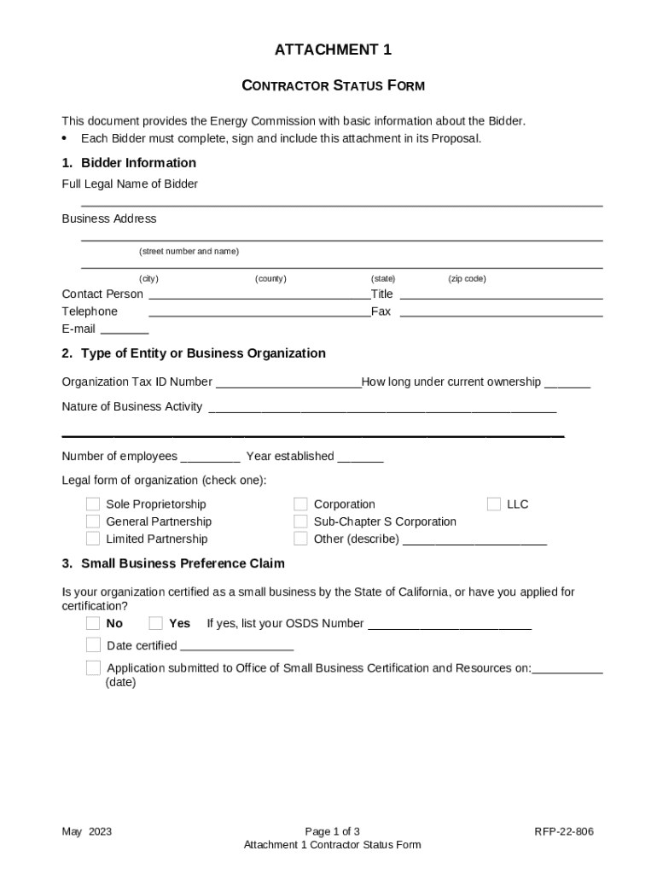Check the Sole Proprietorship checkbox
(x=92, y=504)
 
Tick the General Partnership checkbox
(x=92, y=521)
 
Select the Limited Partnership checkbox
(x=92, y=539)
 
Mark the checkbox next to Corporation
(x=300, y=504)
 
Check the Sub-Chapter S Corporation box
(x=300, y=521)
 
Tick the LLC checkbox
(x=494, y=504)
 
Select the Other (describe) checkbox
(x=300, y=539)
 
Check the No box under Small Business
(x=92, y=623)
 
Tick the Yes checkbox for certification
(x=155, y=623)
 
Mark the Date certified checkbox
(x=92, y=645)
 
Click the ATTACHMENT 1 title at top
(x=333, y=50)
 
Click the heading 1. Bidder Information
(x=129, y=163)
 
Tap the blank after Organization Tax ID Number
(x=288, y=383)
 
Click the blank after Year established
(x=360, y=457)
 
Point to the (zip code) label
(x=467, y=278)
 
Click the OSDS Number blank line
(x=449, y=625)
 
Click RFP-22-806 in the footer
(x=564, y=831)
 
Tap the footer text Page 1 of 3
(x=332, y=831)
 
